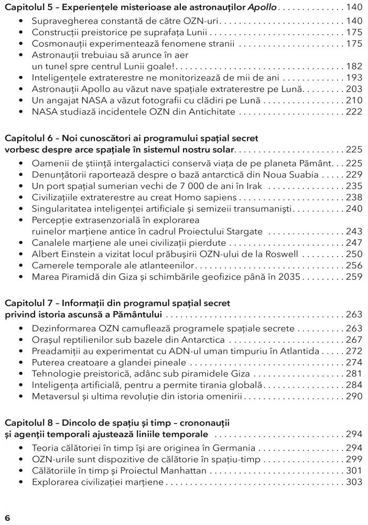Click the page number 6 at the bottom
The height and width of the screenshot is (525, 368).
7,518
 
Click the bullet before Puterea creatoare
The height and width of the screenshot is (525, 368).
20,362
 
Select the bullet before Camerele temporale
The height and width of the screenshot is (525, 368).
20,266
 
